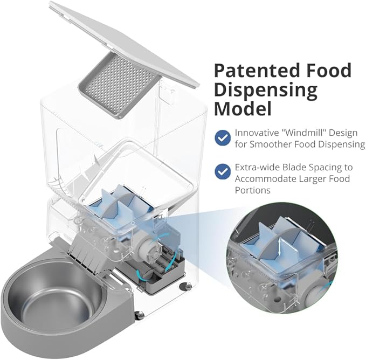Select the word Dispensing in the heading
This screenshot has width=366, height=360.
tap(266, 91)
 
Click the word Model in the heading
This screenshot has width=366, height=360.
tap(243, 109)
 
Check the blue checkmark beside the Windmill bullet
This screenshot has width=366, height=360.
tap(223, 138)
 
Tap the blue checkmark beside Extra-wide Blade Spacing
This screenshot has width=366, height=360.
tap(223, 171)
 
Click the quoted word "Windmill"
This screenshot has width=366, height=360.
tap(303, 133)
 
